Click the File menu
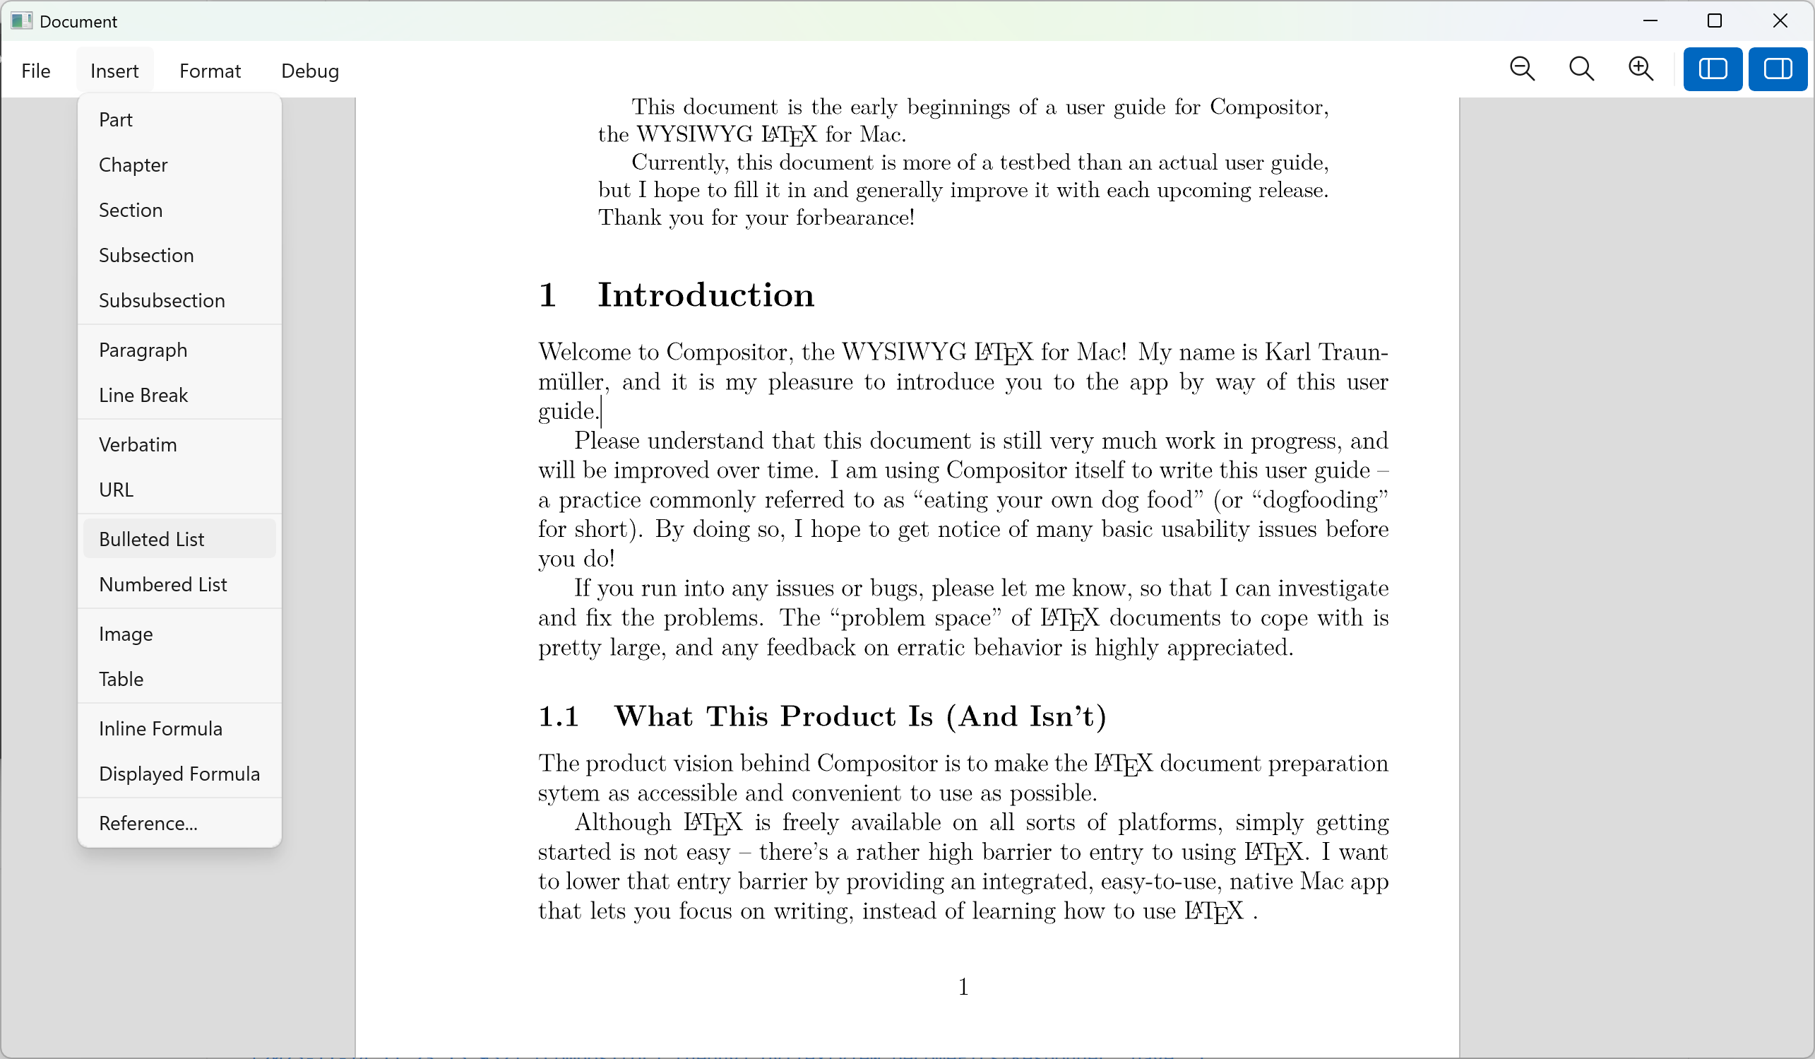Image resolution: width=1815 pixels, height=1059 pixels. [x=36, y=71]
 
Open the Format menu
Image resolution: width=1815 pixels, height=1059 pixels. [x=210, y=71]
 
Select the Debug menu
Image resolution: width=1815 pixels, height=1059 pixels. [x=310, y=71]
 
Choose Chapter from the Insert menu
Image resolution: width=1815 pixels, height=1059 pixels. [x=133, y=165]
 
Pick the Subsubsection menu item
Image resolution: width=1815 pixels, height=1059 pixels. [x=162, y=300]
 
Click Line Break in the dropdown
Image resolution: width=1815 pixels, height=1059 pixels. [x=143, y=395]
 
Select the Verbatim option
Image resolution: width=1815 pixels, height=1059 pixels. [x=138, y=444]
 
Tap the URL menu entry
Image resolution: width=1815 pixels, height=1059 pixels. [x=116, y=490]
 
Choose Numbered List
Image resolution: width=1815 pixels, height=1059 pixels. [x=162, y=584]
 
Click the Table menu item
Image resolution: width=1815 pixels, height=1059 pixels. [x=121, y=679]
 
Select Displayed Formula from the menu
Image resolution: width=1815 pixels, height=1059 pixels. [x=179, y=774]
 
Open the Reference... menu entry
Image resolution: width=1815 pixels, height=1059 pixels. [x=148, y=823]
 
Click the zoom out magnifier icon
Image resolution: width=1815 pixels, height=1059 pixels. [x=1522, y=69]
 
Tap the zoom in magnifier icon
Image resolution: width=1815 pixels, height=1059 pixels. [x=1641, y=69]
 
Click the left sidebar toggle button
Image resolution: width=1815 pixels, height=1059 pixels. [x=1712, y=69]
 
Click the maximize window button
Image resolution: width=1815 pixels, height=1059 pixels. [x=1715, y=21]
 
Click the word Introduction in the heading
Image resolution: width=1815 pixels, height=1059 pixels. [x=706, y=295]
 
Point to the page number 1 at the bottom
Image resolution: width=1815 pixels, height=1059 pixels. [x=963, y=986]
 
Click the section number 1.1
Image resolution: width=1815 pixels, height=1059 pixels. [x=559, y=717]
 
